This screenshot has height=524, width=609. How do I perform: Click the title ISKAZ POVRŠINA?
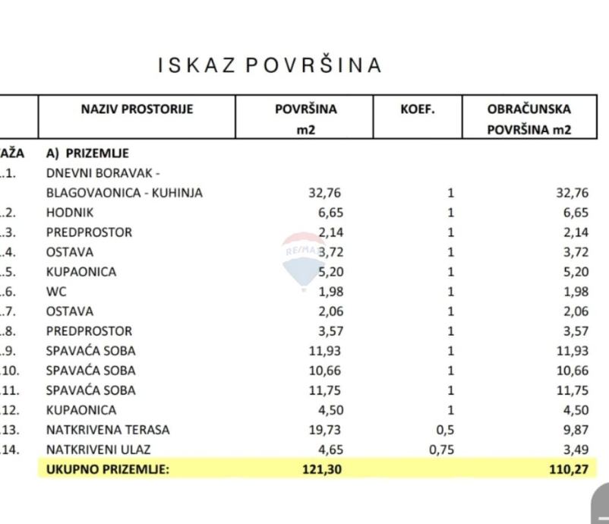click(x=270, y=65)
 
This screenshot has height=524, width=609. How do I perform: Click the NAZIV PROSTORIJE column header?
click(x=137, y=109)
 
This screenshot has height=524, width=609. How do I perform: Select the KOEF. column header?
click(x=418, y=109)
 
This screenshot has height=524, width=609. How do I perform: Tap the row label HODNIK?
click(x=69, y=213)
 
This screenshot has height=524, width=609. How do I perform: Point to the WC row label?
click(x=56, y=292)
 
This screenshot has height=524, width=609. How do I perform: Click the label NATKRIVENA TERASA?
click(x=108, y=430)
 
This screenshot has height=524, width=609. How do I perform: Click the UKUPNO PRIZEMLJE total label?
click(x=108, y=469)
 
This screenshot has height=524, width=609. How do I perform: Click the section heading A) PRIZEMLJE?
click(x=87, y=153)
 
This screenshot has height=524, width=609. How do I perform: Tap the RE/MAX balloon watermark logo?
click(x=301, y=258)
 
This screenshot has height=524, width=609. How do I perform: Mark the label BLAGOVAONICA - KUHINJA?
click(x=125, y=193)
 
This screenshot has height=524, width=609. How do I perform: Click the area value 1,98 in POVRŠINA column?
click(x=328, y=292)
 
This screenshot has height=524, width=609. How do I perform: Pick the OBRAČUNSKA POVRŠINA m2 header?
click(x=529, y=119)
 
